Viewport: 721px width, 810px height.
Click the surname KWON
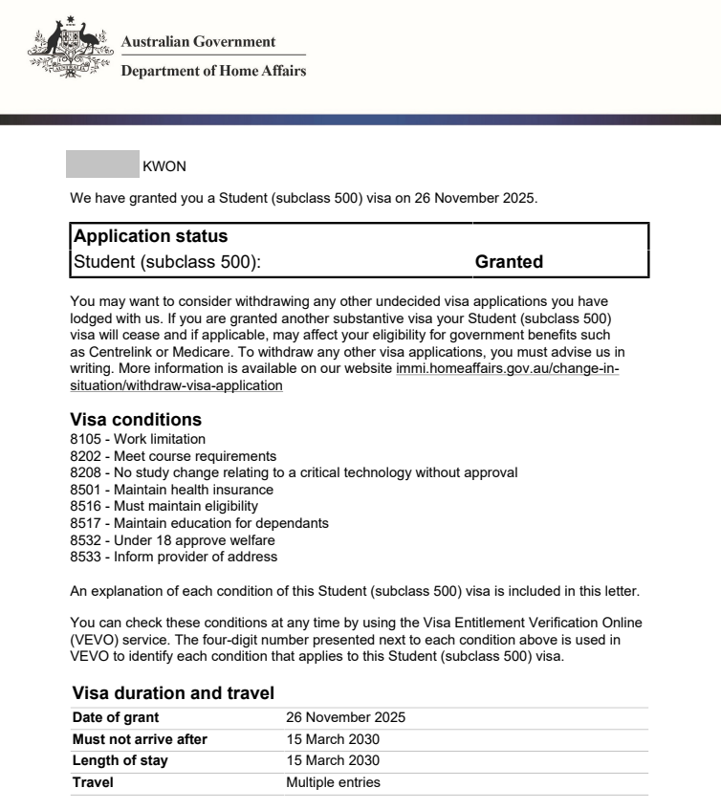164,166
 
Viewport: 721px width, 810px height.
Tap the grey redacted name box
102,164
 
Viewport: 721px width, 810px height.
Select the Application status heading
150,236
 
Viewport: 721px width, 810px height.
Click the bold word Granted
509,262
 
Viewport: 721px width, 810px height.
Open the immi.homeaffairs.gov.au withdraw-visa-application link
507,369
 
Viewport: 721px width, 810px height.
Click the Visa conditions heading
136,420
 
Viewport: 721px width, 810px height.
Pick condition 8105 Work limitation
138,439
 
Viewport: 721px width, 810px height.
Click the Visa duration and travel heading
173,693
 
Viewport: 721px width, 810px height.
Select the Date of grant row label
116,717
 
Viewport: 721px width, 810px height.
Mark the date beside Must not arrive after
333,739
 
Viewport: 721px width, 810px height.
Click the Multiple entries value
333,782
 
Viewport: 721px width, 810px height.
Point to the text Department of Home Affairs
213,71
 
